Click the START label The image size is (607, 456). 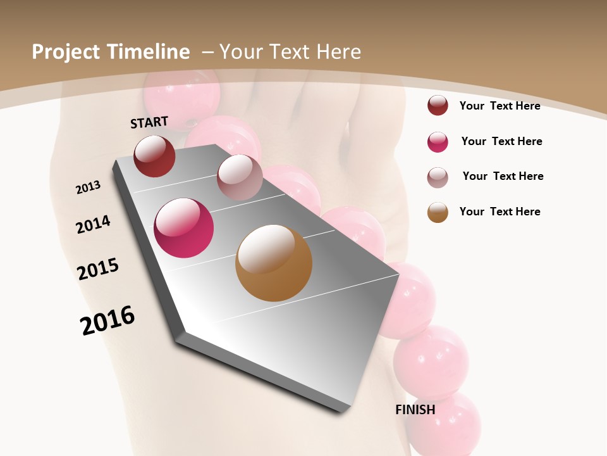149,122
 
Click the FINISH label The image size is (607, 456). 415,410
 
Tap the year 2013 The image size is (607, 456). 88,187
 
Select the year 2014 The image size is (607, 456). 93,225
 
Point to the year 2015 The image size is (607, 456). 98,269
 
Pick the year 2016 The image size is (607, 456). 107,320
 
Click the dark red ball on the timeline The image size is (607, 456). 154,156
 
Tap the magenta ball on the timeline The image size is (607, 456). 183,228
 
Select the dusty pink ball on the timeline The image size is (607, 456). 240,177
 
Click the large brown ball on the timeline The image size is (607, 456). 274,263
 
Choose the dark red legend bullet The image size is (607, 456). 438,106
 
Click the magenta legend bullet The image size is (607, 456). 438,142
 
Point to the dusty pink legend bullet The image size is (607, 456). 438,177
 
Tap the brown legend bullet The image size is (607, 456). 438,212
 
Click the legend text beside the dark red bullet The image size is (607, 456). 500,106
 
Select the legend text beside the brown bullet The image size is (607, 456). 500,212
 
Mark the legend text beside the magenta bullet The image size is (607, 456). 501,141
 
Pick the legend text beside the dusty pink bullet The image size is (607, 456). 503,176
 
